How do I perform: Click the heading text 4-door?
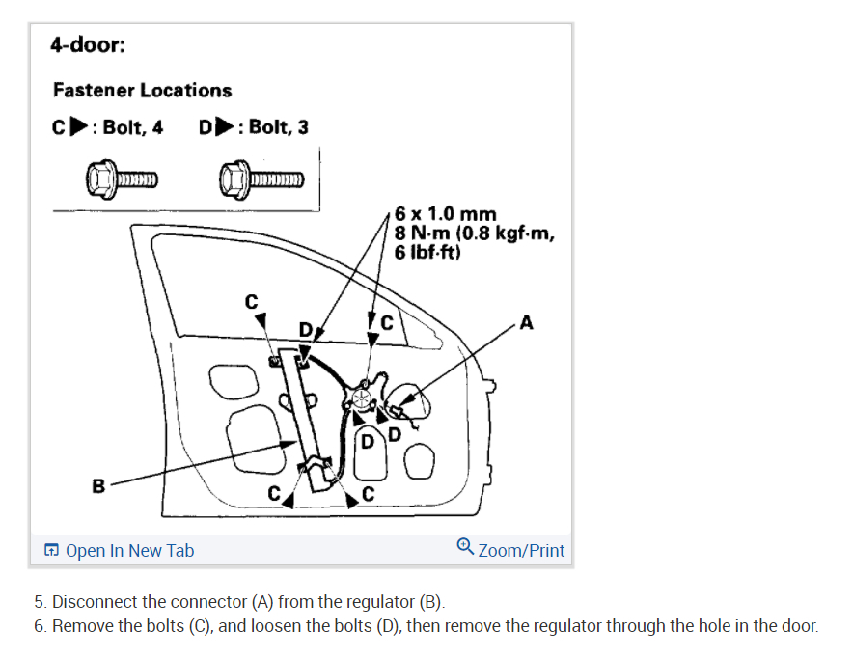(87, 45)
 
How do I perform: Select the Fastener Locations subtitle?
(142, 90)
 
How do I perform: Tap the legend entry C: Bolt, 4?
(108, 127)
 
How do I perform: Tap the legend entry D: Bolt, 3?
(253, 127)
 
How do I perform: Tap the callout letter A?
(526, 322)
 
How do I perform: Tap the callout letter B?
(97, 486)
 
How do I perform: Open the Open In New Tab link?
(129, 551)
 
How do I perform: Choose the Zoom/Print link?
(521, 551)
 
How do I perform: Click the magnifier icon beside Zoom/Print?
(465, 548)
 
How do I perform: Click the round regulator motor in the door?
(362, 397)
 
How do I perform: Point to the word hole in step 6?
(687, 626)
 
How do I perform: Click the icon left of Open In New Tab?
(51, 551)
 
